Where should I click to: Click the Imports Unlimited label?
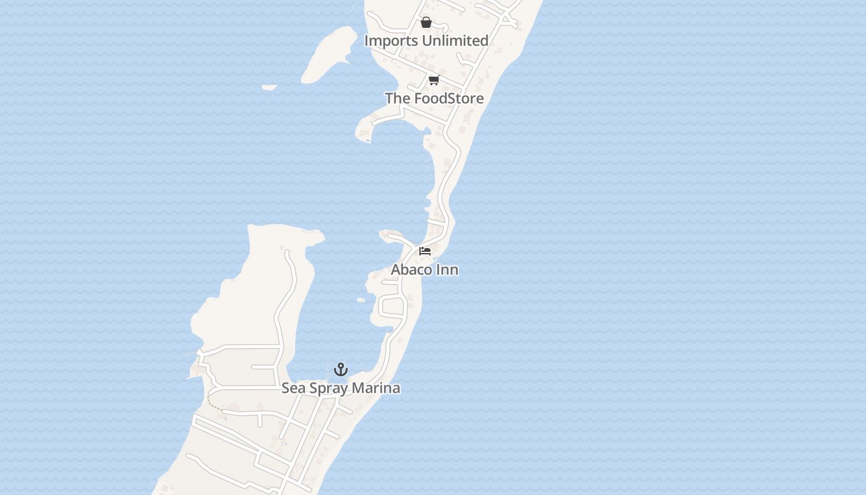tap(426, 41)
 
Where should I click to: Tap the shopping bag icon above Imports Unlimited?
tap(426, 23)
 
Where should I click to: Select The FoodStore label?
tap(434, 98)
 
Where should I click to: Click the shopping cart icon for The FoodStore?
tap(434, 80)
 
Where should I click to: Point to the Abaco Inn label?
tap(424, 270)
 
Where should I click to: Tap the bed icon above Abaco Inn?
tap(425, 251)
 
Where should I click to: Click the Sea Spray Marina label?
tap(341, 388)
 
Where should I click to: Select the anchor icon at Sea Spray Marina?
tap(341, 369)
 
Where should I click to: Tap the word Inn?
tap(448, 270)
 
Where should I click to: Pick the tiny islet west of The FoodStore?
tap(269, 87)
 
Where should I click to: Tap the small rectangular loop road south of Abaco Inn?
tap(392, 306)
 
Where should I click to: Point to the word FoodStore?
tap(448, 98)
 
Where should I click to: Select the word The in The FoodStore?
tap(397, 98)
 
